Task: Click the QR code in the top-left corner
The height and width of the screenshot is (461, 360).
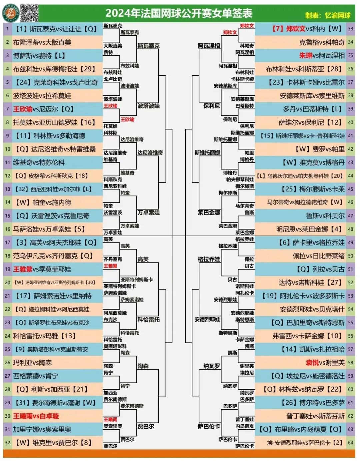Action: click(29, 13)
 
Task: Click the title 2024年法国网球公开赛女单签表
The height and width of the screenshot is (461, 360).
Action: click(179, 13)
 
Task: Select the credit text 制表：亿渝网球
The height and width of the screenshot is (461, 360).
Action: click(328, 15)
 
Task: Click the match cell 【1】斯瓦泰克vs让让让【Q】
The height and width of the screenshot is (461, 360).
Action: click(55, 29)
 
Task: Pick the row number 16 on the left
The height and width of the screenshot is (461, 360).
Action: click(8, 229)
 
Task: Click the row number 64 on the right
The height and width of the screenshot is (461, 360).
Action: click(350, 443)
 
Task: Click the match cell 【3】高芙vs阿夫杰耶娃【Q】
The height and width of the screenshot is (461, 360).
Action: click(55, 243)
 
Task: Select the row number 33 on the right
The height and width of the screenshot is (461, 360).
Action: click(350, 29)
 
